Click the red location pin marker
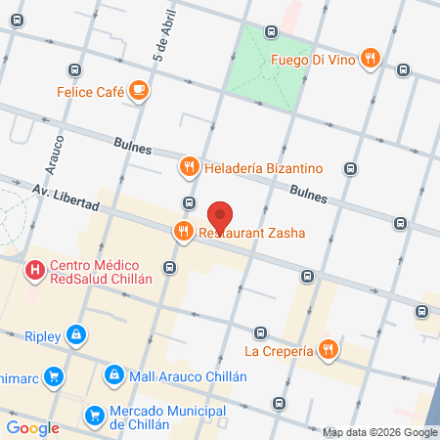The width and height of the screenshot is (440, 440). click(x=221, y=215)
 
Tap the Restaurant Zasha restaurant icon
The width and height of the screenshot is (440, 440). click(x=183, y=232)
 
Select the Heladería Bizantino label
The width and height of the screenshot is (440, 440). click(x=264, y=167)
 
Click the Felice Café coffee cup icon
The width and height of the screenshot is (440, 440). click(x=139, y=92)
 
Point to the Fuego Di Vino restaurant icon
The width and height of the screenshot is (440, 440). click(x=370, y=58)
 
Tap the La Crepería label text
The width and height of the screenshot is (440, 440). click(x=279, y=350)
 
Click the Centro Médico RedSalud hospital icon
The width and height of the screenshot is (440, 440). click(x=35, y=268)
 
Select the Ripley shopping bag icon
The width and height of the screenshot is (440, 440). click(x=76, y=336)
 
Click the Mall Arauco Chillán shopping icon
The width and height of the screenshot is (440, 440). click(x=115, y=375)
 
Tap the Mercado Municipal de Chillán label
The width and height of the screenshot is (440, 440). click(x=159, y=418)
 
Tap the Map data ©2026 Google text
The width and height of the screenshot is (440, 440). click(x=379, y=432)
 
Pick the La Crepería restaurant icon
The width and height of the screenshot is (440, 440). click(x=330, y=348)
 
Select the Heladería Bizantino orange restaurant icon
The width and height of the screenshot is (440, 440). click(x=190, y=167)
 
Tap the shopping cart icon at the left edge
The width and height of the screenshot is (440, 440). click(x=56, y=375)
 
